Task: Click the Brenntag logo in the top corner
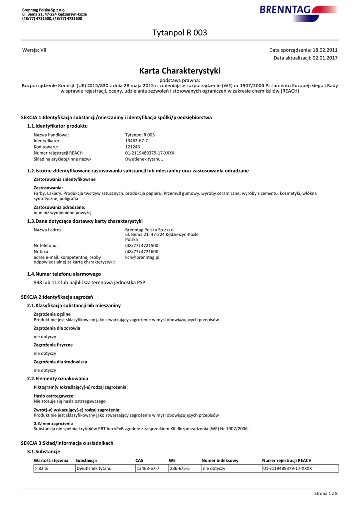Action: (298, 10)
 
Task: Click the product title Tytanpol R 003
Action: (180, 33)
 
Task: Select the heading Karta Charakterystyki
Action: (180, 71)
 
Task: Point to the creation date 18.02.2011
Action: (325, 50)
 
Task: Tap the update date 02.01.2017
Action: (325, 58)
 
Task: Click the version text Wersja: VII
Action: (35, 50)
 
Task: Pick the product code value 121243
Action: (133, 147)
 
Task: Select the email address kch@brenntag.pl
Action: (142, 257)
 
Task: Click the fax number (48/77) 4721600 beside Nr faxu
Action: (142, 252)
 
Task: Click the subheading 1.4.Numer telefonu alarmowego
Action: (64, 274)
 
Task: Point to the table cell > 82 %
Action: (42, 468)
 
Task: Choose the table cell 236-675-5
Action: (180, 468)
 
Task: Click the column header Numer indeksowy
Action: (220, 460)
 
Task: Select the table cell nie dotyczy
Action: (214, 468)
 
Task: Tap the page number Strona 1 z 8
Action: (326, 493)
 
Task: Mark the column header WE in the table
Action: (172, 460)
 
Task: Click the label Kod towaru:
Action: (46, 147)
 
